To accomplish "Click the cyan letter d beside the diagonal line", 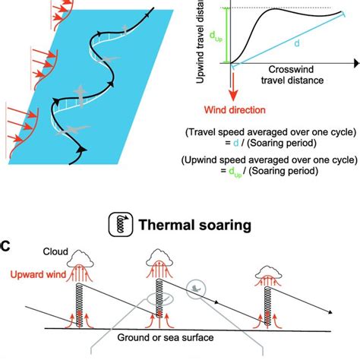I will point(297,45).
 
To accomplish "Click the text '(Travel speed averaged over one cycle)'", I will point(272,131).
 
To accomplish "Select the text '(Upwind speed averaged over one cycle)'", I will point(272,161).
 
